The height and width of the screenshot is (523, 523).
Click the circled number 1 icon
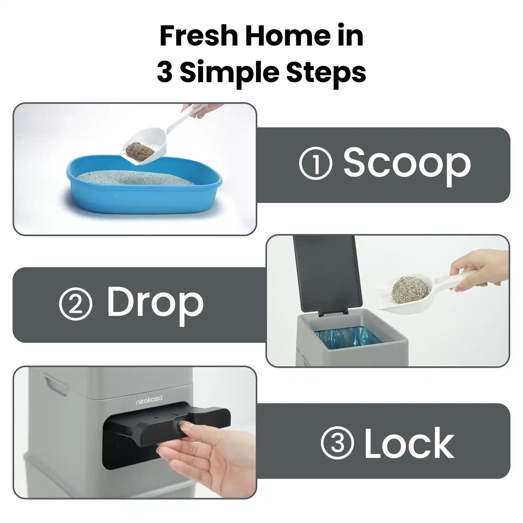(315, 164)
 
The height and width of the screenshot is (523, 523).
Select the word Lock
(409, 443)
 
